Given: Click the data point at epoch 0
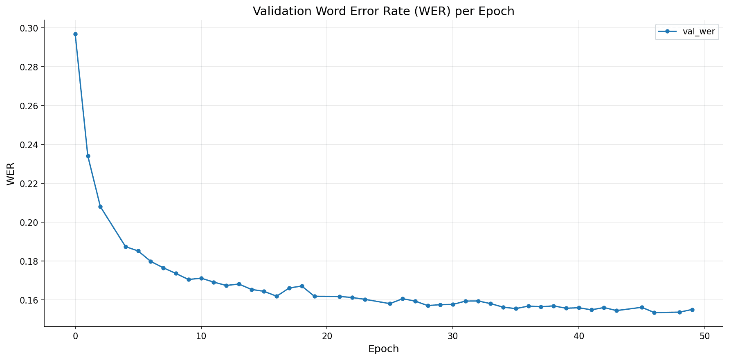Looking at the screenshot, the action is tap(75, 34).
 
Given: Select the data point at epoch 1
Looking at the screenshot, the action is tap(88, 156).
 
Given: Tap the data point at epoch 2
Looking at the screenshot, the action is tap(100, 207).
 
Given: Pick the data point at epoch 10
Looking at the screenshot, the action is tap(201, 278).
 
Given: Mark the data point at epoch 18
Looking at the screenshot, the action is tap(302, 286).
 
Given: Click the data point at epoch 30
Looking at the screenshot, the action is tap(453, 304).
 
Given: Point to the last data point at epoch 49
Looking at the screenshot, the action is tap(692, 310).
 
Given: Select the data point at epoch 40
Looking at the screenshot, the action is tap(579, 308).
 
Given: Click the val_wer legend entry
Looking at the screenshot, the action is tap(687, 32).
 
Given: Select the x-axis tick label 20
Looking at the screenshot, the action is tap(327, 336).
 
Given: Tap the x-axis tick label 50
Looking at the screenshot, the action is tap(704, 336).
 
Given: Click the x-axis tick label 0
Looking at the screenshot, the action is tap(75, 336).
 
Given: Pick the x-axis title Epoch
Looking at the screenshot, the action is tap(383, 349).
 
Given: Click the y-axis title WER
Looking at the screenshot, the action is tap(11, 174).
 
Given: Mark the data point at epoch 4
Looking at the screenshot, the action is tap(126, 247).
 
